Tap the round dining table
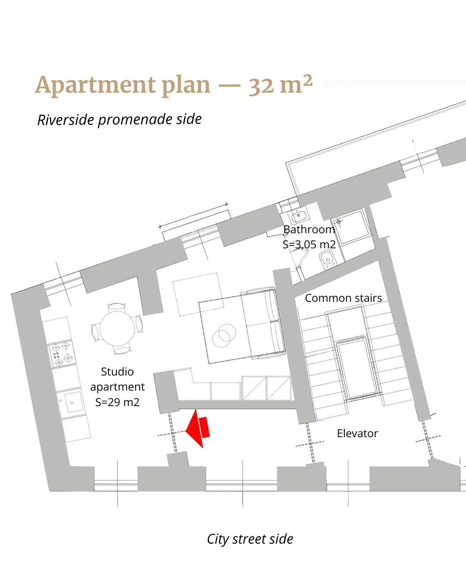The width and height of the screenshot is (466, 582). click(x=117, y=329)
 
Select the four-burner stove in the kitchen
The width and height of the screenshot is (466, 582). click(x=61, y=354)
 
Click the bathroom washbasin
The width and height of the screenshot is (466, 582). click(x=299, y=216)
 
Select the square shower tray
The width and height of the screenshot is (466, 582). click(x=351, y=227)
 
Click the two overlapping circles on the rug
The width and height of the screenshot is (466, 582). click(x=224, y=336)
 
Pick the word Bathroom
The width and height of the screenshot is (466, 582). click(x=309, y=229)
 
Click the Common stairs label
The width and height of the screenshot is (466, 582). click(x=343, y=298)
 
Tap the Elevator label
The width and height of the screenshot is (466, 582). click(x=357, y=433)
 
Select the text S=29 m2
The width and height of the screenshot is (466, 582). click(x=117, y=402)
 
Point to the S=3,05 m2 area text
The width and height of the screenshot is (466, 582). click(x=309, y=244)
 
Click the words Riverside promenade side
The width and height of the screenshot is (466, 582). click(x=120, y=119)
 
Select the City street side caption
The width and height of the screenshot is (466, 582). click(x=250, y=539)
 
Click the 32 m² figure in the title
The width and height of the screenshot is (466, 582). click(x=280, y=84)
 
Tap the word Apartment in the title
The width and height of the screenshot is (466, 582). click(x=96, y=86)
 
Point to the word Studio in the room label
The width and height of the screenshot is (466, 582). click(x=117, y=372)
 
